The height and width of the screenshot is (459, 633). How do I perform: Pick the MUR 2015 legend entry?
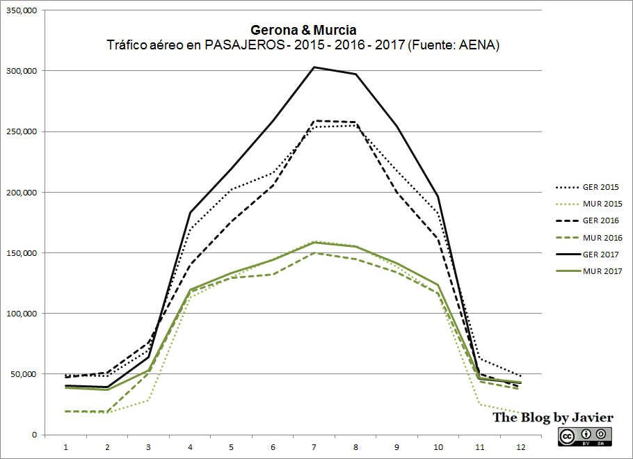602,204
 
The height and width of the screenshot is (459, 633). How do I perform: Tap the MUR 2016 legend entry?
602,238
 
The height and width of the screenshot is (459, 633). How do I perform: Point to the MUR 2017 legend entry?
602,271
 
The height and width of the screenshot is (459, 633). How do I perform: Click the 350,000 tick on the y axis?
22,10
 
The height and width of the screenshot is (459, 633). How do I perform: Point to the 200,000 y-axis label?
22,193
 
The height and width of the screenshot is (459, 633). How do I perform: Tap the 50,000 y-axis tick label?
24,374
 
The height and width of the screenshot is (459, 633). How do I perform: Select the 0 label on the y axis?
34,435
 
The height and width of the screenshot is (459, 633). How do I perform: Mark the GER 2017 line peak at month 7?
314,67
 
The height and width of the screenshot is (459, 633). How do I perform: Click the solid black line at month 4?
190,212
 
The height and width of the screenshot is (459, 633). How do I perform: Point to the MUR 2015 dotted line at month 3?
148,400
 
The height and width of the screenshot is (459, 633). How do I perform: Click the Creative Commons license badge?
585,435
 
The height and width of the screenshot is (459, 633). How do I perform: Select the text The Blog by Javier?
553,417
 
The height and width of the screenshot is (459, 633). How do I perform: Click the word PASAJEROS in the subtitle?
239,46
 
